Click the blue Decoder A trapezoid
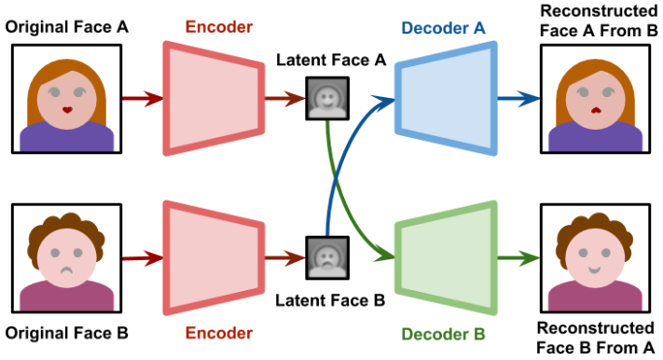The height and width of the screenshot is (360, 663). (x=445, y=99)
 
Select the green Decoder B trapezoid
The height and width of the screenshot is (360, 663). (x=445, y=258)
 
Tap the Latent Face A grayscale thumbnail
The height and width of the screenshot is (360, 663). (x=327, y=98)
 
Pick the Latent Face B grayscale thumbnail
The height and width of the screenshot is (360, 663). (x=327, y=257)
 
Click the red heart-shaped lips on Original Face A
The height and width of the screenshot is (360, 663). (x=67, y=110)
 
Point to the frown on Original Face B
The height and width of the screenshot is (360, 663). (x=67, y=270)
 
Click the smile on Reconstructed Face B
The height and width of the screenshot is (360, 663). (x=595, y=270)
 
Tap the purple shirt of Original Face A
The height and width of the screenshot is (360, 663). (x=67, y=136)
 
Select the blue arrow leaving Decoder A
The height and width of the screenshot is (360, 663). (x=518, y=99)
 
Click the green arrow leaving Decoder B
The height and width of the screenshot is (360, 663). (x=518, y=258)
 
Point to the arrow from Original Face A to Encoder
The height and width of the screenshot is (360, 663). (x=143, y=99)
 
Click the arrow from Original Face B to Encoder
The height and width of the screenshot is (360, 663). (x=143, y=258)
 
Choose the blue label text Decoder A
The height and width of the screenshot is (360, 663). (x=443, y=28)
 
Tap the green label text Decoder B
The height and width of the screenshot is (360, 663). (x=443, y=334)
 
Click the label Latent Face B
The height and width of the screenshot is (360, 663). (x=330, y=300)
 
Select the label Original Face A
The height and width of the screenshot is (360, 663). (x=66, y=27)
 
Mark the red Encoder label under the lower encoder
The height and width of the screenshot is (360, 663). (x=218, y=333)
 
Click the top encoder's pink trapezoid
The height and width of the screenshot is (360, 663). (x=214, y=99)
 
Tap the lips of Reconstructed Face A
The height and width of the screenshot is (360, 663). (x=596, y=110)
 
